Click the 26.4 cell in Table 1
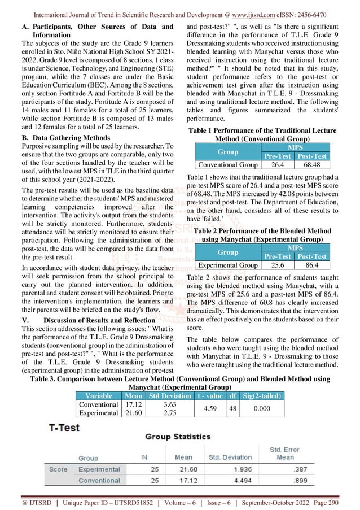pos(277,165)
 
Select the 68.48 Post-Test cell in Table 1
pos(312,165)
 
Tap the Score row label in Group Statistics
pos(58,469)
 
